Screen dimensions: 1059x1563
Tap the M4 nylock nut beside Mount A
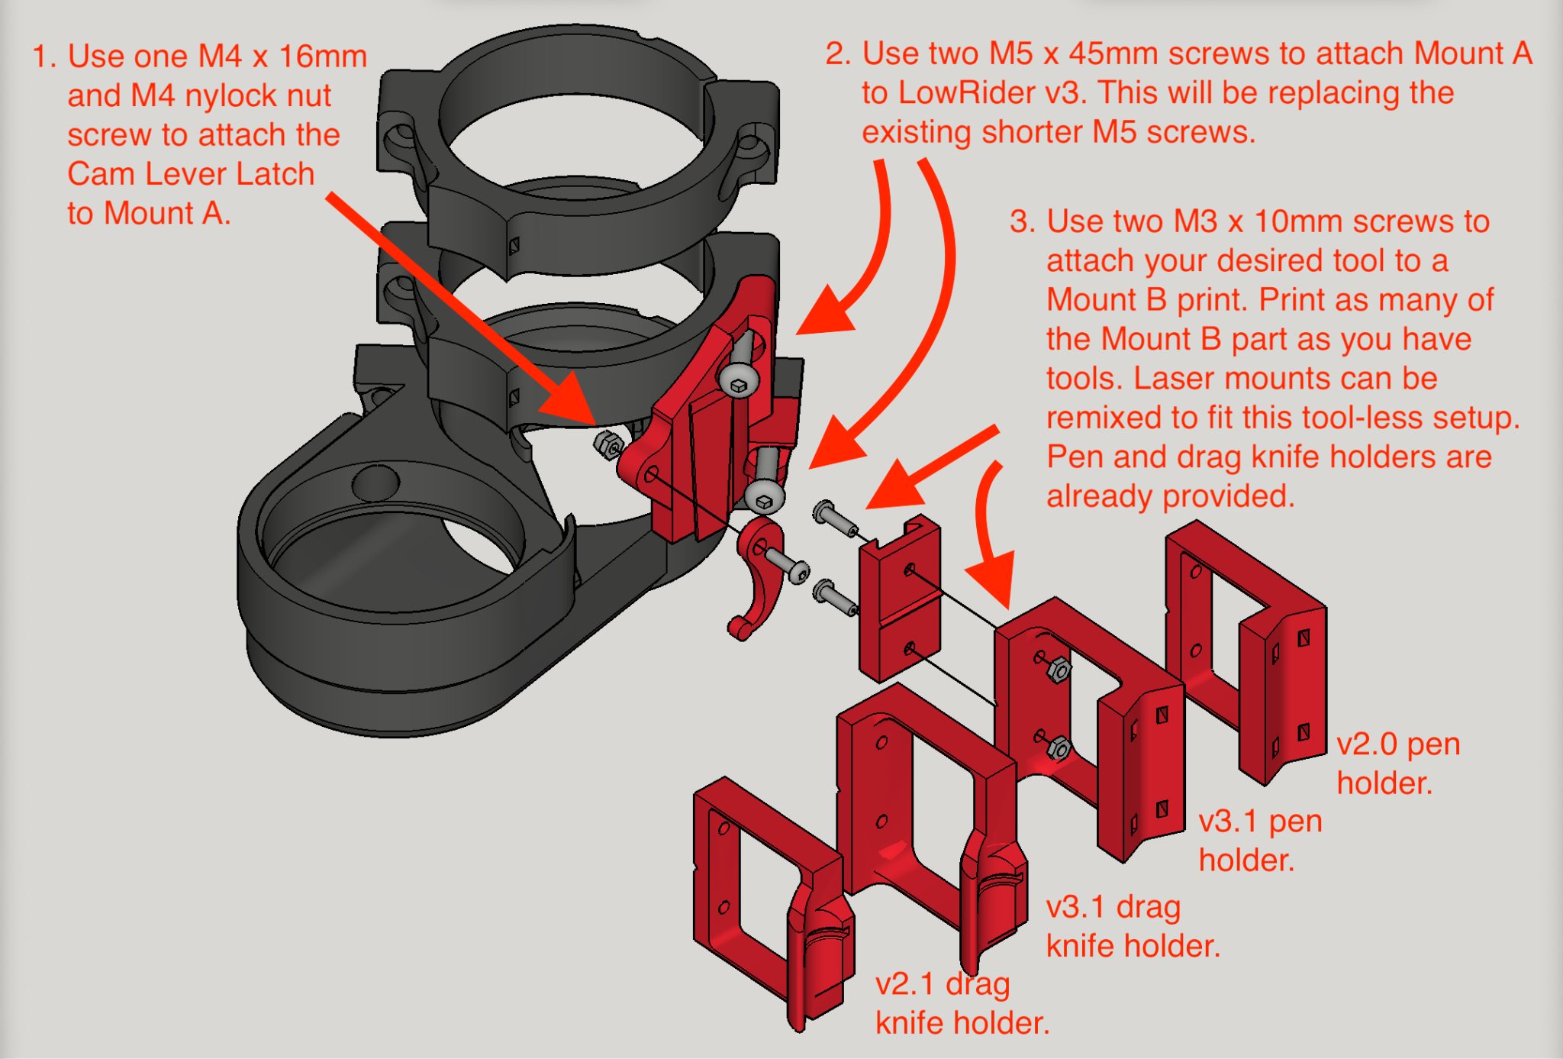point(608,444)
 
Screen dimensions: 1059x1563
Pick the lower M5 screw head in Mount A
point(765,496)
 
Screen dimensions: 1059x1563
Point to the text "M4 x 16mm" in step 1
point(282,57)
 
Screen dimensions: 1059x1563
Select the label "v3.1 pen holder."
point(1260,840)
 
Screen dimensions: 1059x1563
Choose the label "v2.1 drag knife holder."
point(962,1003)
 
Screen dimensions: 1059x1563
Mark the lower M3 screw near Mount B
point(834,596)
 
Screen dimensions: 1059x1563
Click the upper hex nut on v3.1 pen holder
point(1059,670)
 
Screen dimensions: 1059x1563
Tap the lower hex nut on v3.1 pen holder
point(1059,747)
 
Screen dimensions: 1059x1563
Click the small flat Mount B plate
point(899,603)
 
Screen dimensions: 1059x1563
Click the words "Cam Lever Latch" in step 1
point(191,174)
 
